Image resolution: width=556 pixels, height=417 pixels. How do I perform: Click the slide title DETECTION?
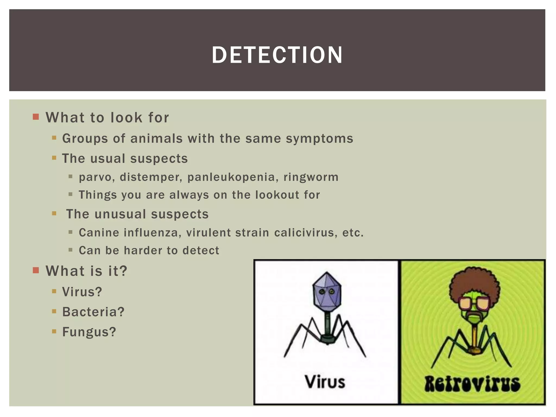pos(277,55)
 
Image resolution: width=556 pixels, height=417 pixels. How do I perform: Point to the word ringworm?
pos(311,177)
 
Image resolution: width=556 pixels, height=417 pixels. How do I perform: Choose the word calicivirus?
pos(306,233)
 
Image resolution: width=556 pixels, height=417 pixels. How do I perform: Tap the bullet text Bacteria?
pos(93,312)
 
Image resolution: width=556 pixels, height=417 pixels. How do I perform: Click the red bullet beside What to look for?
pos(36,117)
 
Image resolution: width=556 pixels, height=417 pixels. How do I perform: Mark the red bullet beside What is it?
pos(36,270)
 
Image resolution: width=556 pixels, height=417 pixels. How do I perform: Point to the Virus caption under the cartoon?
pos(325,382)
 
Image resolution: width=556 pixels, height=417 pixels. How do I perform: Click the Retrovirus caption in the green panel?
pos(472,384)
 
